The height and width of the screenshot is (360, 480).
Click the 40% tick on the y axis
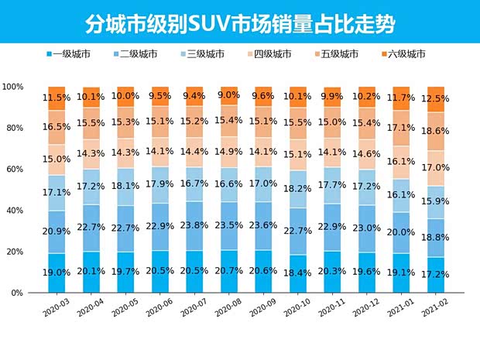pos(18,211)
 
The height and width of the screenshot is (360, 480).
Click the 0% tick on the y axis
pos(20,293)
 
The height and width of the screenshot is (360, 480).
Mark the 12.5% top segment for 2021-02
pos(437,99)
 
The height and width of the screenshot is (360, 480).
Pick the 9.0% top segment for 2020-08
pos(229,95)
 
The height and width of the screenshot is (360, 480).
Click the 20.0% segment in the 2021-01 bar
pos(403,232)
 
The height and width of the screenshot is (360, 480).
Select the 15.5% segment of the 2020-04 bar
pos(91,123)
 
